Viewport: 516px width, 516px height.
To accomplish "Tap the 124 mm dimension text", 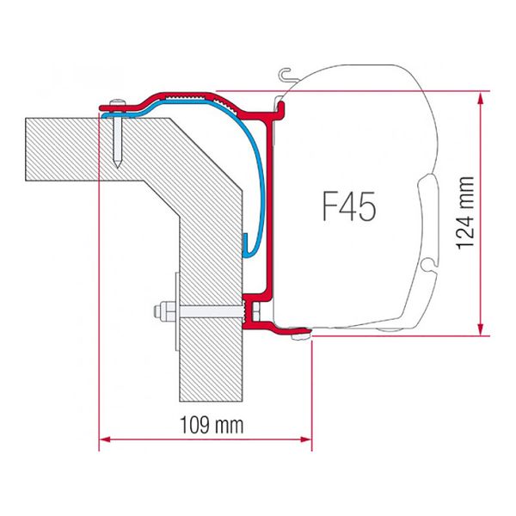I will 465,209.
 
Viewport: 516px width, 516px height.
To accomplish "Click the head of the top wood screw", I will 117,105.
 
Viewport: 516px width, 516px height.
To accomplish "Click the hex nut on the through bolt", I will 161,310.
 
